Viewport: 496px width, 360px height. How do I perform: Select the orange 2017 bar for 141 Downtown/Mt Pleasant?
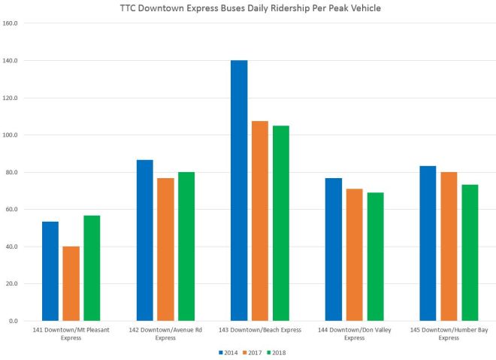tap(71, 283)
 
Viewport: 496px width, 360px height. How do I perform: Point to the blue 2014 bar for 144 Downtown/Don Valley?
tap(334, 250)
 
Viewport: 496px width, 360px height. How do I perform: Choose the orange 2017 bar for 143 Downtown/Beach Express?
tap(260, 221)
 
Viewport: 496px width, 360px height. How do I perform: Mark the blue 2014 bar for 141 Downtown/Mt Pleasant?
tap(50, 271)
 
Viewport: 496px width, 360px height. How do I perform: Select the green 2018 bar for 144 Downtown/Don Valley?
tap(376, 256)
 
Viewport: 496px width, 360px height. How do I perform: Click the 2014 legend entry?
tap(228, 352)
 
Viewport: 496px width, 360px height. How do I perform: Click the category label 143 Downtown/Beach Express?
tap(260, 330)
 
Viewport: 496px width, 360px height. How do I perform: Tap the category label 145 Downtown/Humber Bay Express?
tap(449, 334)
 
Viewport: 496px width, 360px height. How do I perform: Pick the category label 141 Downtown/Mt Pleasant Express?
tap(71, 334)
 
